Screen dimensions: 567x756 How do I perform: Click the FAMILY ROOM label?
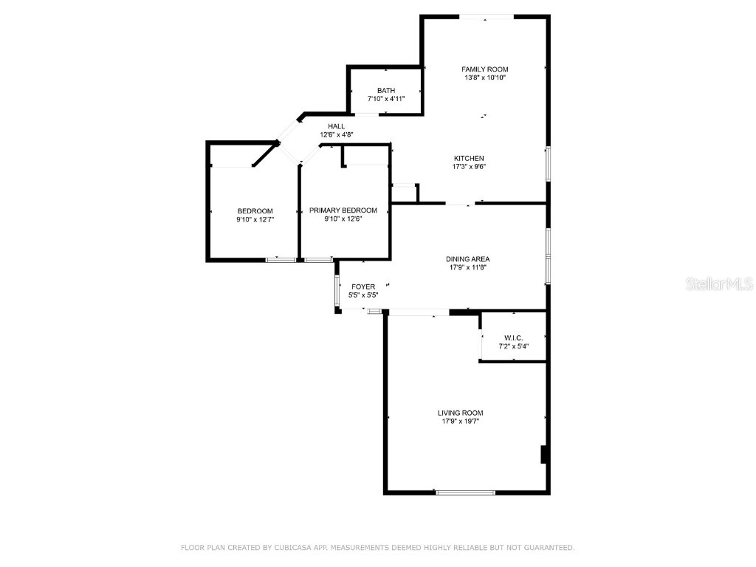pos(485,69)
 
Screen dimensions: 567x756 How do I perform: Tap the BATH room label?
pos(386,91)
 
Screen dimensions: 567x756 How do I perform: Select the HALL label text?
pos(337,126)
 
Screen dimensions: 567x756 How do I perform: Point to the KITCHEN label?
pos(469,158)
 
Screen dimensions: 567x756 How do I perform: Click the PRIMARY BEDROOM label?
pos(343,210)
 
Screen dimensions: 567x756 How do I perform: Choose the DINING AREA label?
pos(467,259)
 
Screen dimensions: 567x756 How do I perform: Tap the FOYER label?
pos(363,286)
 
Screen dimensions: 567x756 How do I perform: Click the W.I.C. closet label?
pos(514,337)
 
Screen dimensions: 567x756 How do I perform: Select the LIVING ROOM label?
pos(461,413)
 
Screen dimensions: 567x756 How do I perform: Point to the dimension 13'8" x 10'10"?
pos(485,78)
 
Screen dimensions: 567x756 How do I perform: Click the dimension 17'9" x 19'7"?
pos(461,422)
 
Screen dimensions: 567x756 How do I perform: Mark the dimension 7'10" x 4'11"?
pos(386,99)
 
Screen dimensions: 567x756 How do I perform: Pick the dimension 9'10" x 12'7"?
pos(255,219)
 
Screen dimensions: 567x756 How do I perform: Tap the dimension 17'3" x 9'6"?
pos(469,167)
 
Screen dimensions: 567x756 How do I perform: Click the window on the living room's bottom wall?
pos(465,492)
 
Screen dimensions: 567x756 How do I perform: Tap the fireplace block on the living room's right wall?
pos(544,454)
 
